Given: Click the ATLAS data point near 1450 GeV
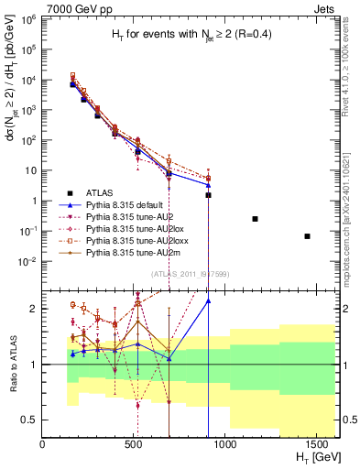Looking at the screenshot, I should pyautogui.click(x=308, y=236).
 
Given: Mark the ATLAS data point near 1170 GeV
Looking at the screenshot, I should pyautogui.click(x=255, y=219).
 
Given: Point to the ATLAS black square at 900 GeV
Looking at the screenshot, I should pyautogui.click(x=209, y=195).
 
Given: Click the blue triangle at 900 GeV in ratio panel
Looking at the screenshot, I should pyautogui.click(x=209, y=300).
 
